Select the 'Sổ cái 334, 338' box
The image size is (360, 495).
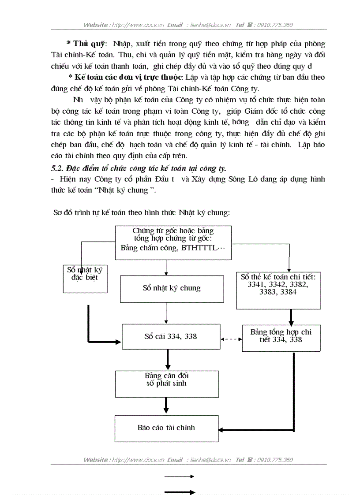pyautogui.click(x=171, y=337)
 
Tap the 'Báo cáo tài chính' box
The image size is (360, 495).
pyautogui.click(x=166, y=428)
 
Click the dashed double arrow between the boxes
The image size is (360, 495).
pyautogui.click(x=231, y=339)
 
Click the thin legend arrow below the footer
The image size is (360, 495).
pyautogui.click(x=180, y=476)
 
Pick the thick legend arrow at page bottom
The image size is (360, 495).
pyautogui.click(x=180, y=492)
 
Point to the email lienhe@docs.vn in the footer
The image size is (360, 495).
pyautogui.click(x=210, y=460)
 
